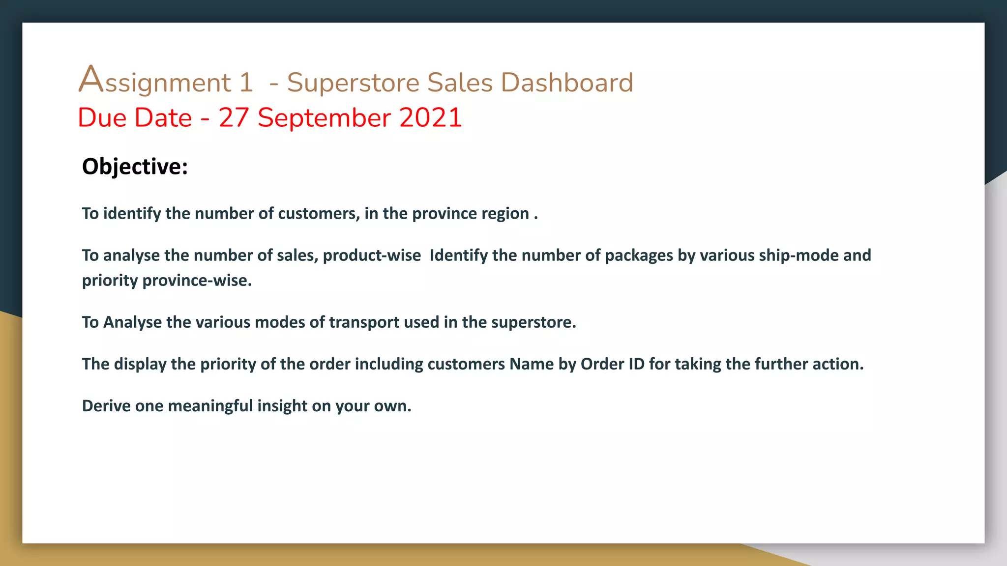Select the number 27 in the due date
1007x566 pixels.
pos(234,118)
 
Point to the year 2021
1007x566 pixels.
pos(430,118)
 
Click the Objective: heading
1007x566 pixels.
pos(135,166)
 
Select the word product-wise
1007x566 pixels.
pos(372,255)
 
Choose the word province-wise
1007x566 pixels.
pos(197,281)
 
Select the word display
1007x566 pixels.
pos(140,364)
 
